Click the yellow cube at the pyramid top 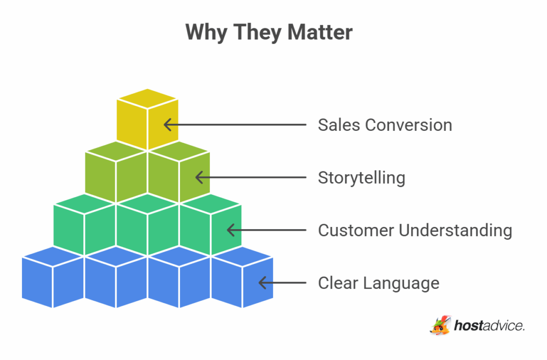pos(147,119)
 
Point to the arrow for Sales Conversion pos(235,125)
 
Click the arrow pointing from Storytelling pos(251,177)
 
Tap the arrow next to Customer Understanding pos(267,230)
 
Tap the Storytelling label pos(362,177)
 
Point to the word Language pos(401,283)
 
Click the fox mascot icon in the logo pos(440,325)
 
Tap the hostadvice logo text pos(489,325)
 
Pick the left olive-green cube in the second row pos(115,172)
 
